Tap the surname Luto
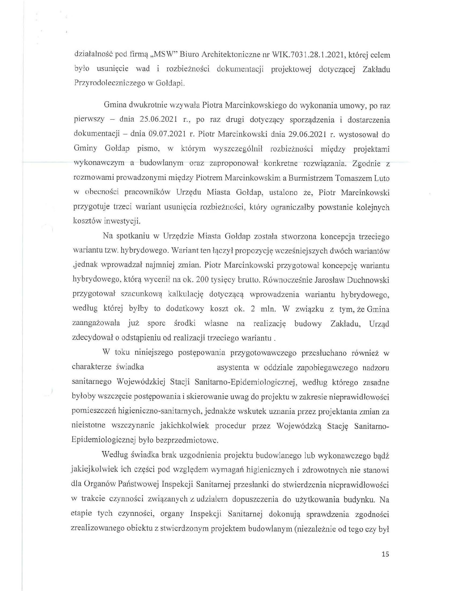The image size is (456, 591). click(x=381, y=178)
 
